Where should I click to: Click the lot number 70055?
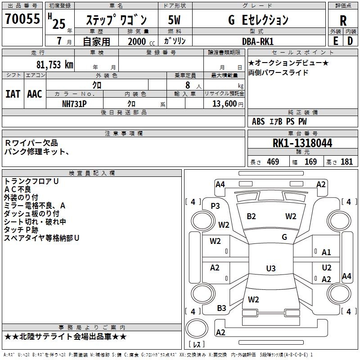coord(22,19)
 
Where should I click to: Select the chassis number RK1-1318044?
coord(302,144)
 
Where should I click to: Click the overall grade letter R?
coord(343,20)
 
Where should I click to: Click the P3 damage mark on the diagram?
coord(216,206)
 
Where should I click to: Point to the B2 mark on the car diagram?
coord(251,216)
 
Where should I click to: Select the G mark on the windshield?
coord(284,237)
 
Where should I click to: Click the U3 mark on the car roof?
coord(270,269)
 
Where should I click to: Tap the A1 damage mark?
coord(326,252)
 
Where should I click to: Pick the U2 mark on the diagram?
coord(327,268)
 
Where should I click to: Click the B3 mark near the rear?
coord(221,308)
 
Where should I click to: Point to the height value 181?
coord(346,162)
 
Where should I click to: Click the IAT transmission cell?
coord(13,94)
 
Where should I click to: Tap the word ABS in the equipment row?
coord(258,121)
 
